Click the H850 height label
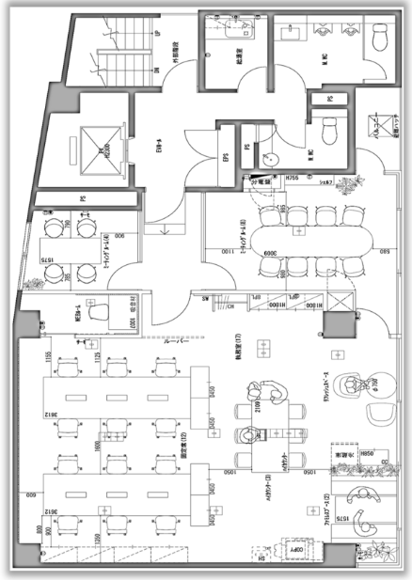369,455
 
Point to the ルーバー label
178,342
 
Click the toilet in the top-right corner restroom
379,38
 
